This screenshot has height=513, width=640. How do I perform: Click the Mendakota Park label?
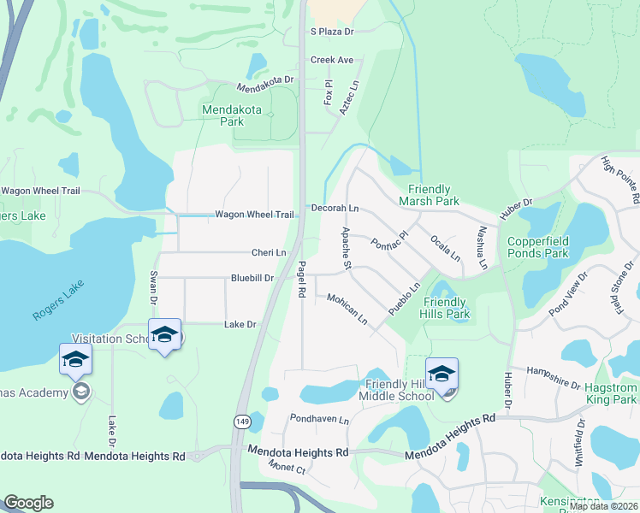pyautogui.click(x=222, y=115)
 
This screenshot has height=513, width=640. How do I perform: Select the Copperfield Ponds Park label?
pyautogui.click(x=537, y=247)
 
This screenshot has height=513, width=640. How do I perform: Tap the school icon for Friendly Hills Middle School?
pyautogui.click(x=441, y=374)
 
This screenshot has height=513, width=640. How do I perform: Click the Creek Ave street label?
pyautogui.click(x=332, y=60)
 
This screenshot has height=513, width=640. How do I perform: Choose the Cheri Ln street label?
pyautogui.click(x=268, y=252)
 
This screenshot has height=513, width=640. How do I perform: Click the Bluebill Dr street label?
pyautogui.click(x=252, y=278)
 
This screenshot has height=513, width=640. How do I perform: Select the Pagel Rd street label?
pyautogui.click(x=301, y=280)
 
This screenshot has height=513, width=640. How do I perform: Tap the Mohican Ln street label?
pyautogui.click(x=347, y=310)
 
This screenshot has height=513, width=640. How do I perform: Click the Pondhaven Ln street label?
pyautogui.click(x=320, y=421)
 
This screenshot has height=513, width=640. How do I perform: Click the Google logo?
pyautogui.click(x=28, y=503)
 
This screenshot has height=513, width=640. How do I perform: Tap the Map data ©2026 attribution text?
pyautogui.click(x=603, y=506)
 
